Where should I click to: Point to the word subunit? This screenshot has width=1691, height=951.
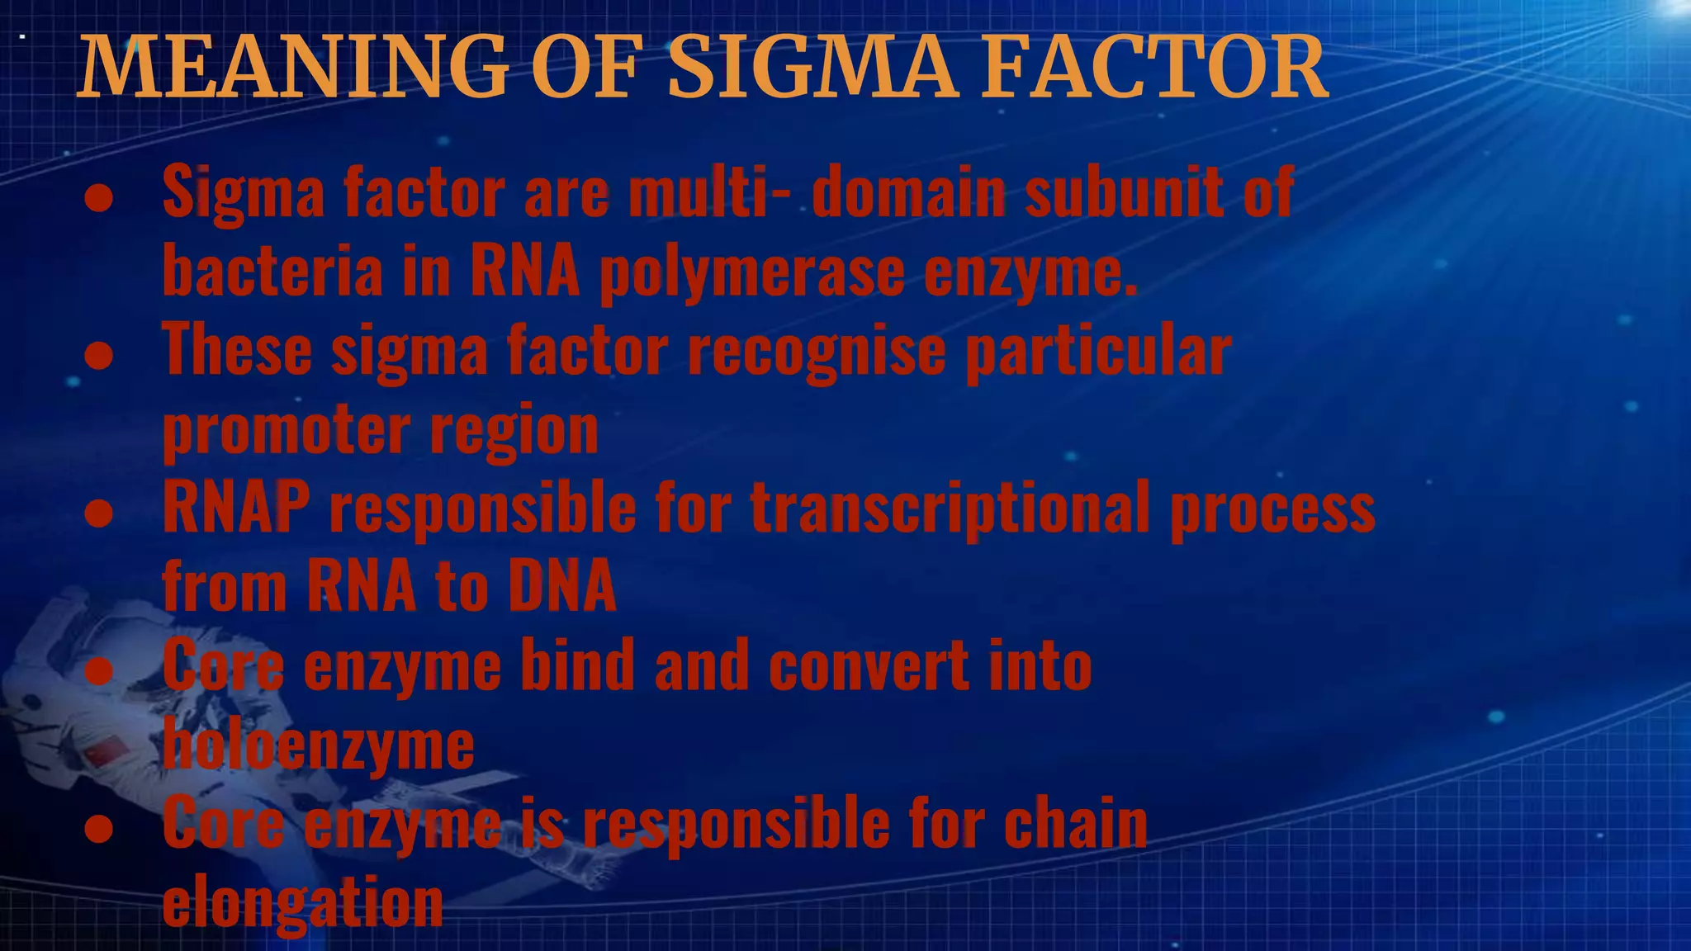[x=1124, y=192]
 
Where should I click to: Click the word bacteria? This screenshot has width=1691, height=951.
[x=273, y=272]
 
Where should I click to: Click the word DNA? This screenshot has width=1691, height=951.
[x=562, y=586]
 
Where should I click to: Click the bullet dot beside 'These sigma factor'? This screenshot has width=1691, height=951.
[x=99, y=356]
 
